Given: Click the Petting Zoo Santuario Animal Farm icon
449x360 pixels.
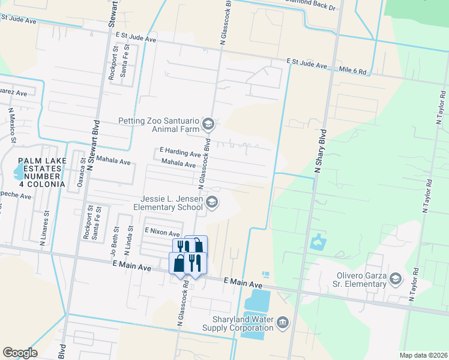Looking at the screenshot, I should click(x=208, y=124).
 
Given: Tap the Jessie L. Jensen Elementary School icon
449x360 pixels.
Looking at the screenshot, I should click(x=211, y=203).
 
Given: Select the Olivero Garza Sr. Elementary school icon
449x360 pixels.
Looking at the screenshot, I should click(x=395, y=278).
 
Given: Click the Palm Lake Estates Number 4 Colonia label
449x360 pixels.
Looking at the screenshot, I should click(x=41, y=172).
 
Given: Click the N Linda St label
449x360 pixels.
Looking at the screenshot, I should click(x=130, y=236).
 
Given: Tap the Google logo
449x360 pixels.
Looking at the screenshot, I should click(x=20, y=353).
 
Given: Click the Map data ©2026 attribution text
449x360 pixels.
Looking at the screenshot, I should click(x=423, y=355).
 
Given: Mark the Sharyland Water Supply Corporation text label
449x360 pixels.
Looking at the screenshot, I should click(x=243, y=324).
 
